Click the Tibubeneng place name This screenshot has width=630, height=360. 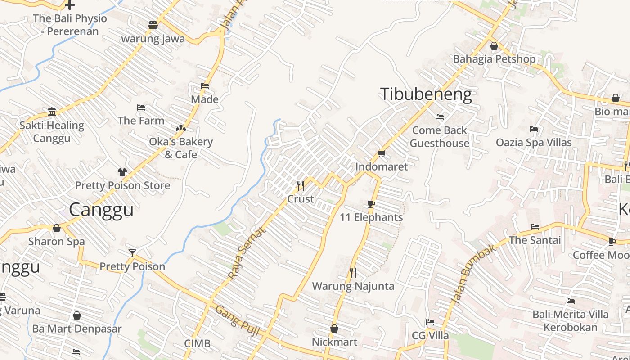[426, 94]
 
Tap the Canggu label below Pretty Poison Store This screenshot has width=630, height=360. [101, 210]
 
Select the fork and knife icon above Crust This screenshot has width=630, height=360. [301, 185]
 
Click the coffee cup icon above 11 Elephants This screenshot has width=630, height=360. [371, 204]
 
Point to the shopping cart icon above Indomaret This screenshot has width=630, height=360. [382, 153]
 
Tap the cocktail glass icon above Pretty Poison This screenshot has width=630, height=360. [132, 253]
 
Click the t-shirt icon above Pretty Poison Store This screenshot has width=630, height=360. [122, 172]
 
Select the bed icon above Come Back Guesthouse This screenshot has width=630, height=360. [440, 117]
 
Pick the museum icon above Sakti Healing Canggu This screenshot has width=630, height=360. [52, 112]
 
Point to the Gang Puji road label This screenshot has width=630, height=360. [237, 320]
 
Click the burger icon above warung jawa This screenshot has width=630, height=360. [153, 25]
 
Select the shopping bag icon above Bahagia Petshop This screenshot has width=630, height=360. [494, 46]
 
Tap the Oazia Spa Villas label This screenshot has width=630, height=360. [534, 143]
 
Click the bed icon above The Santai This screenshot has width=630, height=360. [535, 227]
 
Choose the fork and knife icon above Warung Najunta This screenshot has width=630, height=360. [353, 272]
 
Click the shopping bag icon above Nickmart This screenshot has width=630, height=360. [334, 328]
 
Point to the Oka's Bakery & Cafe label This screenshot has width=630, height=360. [181, 148]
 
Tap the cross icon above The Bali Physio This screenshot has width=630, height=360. [70, 5]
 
